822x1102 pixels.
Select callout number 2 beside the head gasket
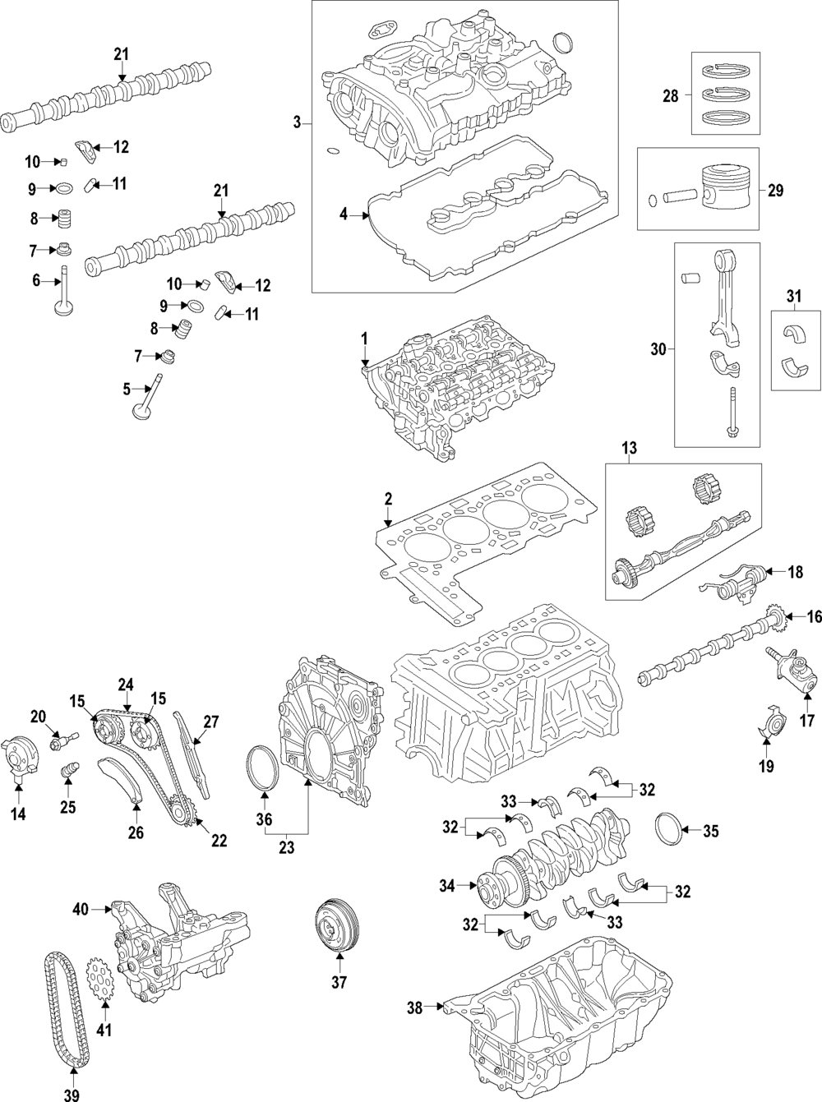(x=388, y=500)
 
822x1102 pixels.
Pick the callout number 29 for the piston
(x=775, y=191)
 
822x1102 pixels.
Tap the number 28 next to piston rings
(x=671, y=95)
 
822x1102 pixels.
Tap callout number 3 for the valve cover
(x=298, y=122)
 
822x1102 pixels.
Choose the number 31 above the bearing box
(x=793, y=297)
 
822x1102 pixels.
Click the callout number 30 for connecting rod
(x=658, y=349)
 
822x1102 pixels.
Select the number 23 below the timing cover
(x=286, y=847)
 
